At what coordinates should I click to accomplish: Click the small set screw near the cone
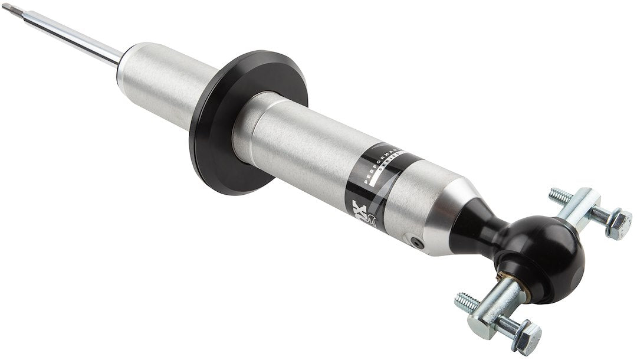[x=418, y=242]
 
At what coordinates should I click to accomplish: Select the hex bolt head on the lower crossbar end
[x=527, y=337]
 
